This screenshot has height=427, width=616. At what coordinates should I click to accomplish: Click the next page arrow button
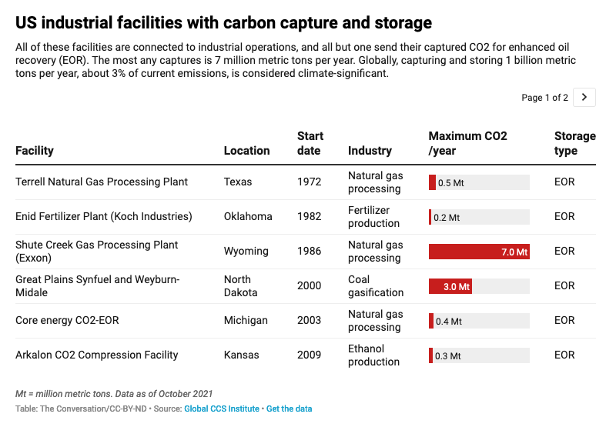(585, 97)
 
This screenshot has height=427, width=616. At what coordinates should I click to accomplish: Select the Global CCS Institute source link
(222, 409)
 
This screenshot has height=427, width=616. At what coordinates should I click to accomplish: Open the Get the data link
(290, 409)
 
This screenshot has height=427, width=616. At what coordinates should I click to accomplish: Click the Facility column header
(35, 151)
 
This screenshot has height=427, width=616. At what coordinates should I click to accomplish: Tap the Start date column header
(310, 143)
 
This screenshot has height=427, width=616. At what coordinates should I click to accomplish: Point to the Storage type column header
(574, 143)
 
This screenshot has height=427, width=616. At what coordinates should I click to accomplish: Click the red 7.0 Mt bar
(479, 252)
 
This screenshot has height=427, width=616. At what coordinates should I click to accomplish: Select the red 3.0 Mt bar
(450, 286)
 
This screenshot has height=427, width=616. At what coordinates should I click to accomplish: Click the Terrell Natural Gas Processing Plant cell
(102, 182)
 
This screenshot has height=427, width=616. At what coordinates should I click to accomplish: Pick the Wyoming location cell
(246, 252)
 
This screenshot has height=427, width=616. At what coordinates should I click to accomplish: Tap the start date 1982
(310, 217)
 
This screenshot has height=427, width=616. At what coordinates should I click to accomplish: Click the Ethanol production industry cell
(373, 355)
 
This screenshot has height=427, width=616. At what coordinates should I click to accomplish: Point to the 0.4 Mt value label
(449, 321)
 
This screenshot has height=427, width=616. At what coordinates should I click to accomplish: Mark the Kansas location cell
(242, 355)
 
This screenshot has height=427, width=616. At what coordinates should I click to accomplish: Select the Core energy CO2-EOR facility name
(67, 321)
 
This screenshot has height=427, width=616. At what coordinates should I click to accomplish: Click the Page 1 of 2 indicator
(544, 98)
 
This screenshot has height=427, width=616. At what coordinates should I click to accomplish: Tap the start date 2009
(310, 355)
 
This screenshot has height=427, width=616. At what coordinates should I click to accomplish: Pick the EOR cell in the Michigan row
(564, 321)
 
